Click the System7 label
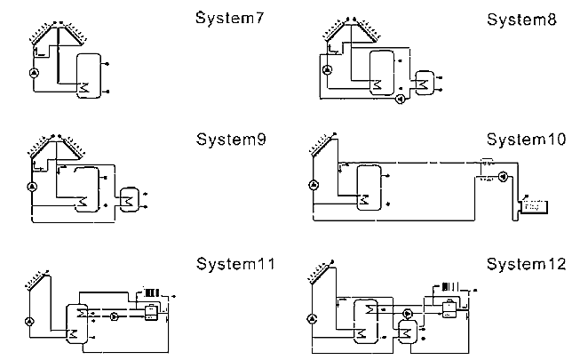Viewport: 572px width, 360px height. click(229, 18)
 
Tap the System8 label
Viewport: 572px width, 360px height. click(516, 18)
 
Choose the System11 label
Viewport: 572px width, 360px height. click(233, 263)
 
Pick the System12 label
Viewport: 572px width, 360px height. click(520, 263)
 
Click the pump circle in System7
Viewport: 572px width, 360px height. click(32, 72)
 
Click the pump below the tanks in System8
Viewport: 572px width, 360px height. click(399, 100)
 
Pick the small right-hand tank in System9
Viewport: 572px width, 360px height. click(130, 198)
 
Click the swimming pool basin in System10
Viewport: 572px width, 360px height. click(534, 207)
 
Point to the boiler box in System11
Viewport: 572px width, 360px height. click(151, 312)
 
